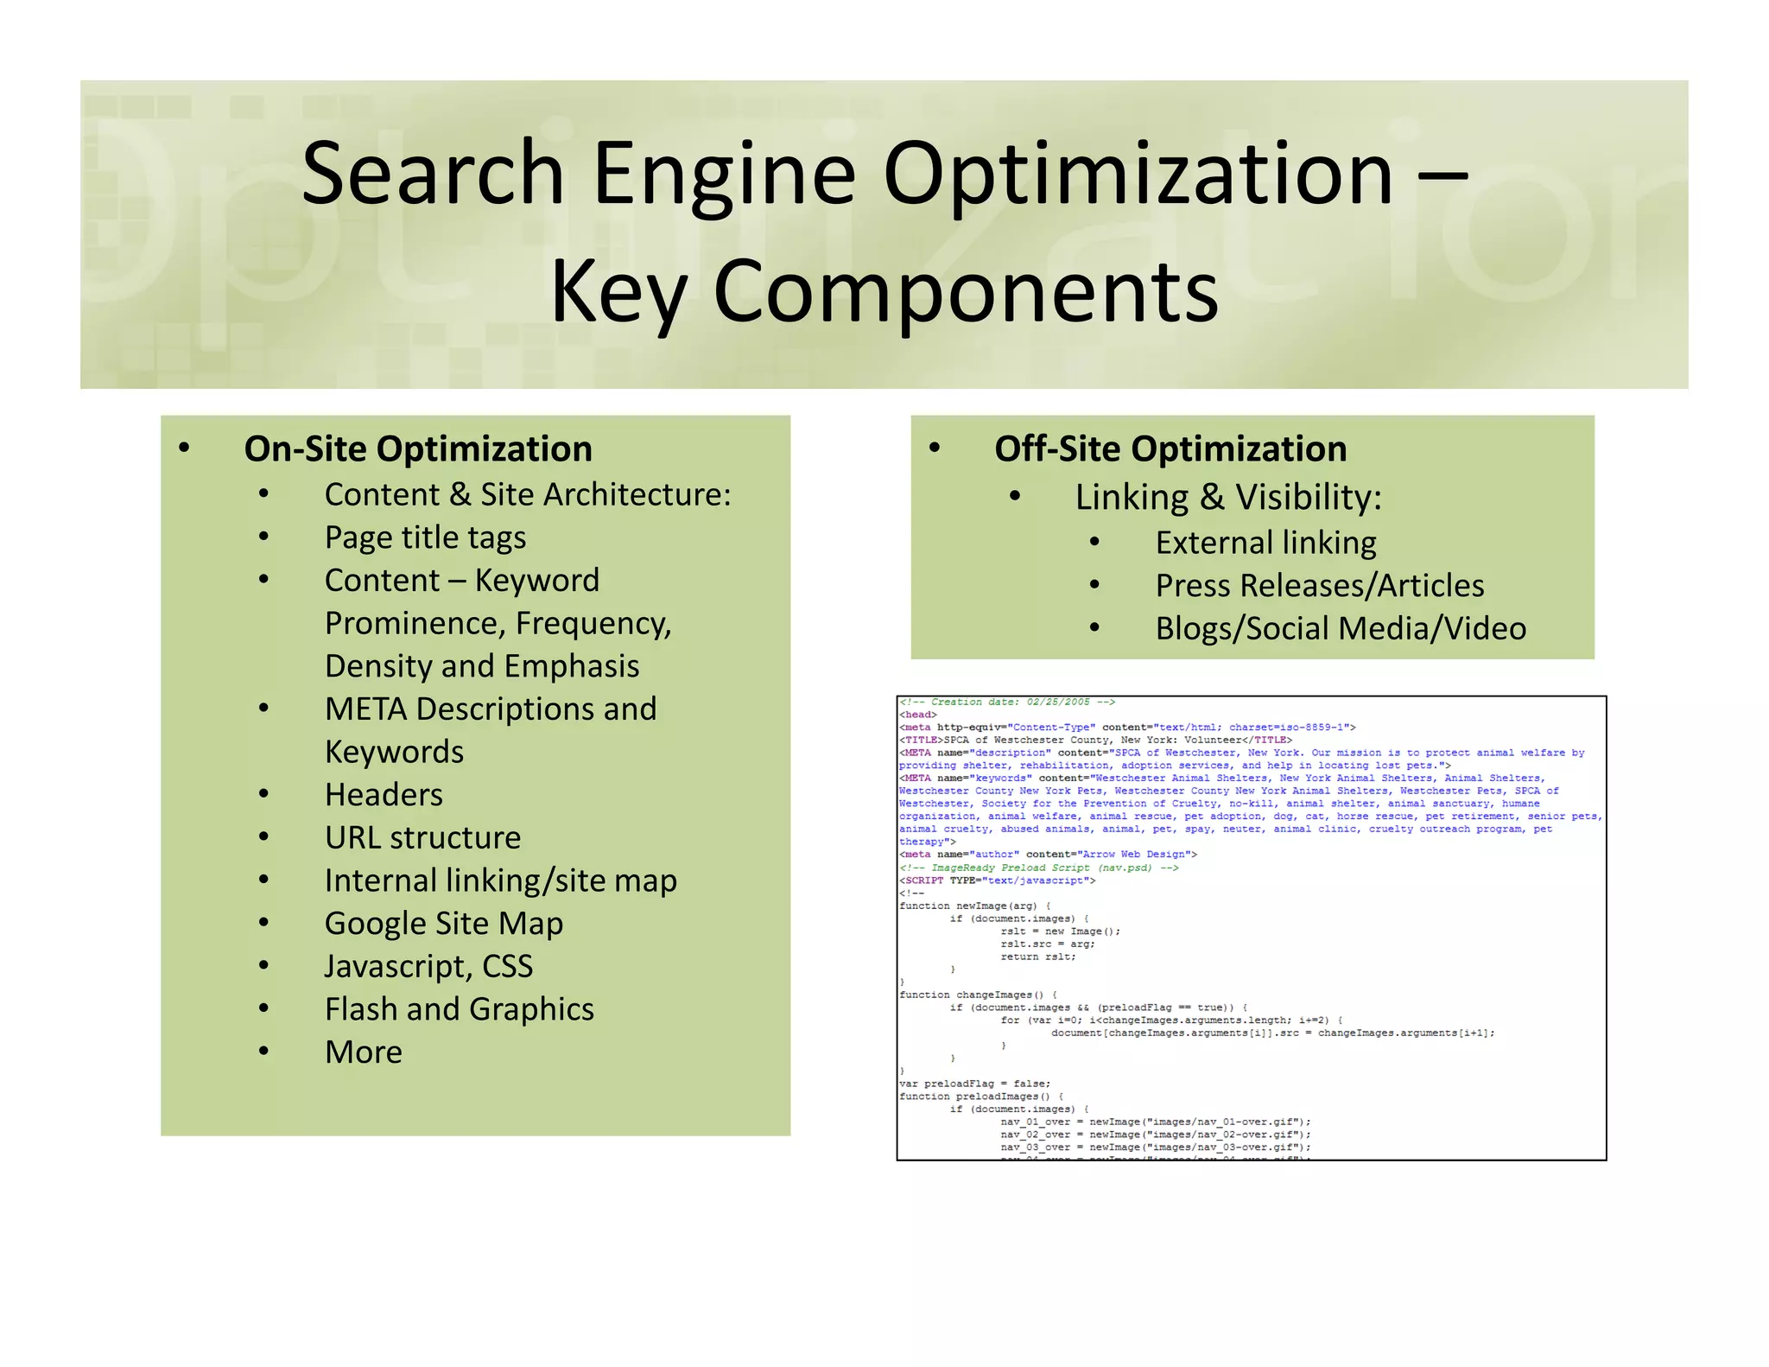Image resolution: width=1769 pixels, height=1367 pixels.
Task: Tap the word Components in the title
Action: (966, 292)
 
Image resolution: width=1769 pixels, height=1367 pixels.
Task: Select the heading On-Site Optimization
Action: (418, 449)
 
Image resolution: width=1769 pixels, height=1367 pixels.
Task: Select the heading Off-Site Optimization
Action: (1170, 449)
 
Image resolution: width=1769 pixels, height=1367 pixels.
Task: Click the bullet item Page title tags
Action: (425, 537)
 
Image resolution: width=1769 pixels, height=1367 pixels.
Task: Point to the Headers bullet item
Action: (384, 795)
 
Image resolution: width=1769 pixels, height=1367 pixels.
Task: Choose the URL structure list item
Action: (422, 837)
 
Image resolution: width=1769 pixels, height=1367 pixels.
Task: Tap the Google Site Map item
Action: (444, 923)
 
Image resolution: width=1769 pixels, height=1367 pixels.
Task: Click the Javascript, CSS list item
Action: (428, 966)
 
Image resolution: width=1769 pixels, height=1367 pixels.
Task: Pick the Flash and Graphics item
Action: (459, 1009)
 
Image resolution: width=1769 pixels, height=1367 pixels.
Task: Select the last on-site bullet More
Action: (364, 1052)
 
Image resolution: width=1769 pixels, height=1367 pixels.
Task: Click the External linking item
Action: (1265, 543)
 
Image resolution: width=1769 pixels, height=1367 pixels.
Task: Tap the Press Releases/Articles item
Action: (1320, 586)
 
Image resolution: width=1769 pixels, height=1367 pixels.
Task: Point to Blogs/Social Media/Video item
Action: (1341, 628)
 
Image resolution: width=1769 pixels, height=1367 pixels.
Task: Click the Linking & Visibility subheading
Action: (1228, 497)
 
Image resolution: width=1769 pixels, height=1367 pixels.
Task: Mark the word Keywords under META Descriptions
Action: (394, 752)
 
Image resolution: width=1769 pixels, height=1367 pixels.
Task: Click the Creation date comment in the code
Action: (1007, 703)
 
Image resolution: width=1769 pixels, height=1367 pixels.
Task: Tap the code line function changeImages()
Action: (977, 995)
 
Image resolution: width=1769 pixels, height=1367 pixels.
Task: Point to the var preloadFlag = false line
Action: (974, 1084)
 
